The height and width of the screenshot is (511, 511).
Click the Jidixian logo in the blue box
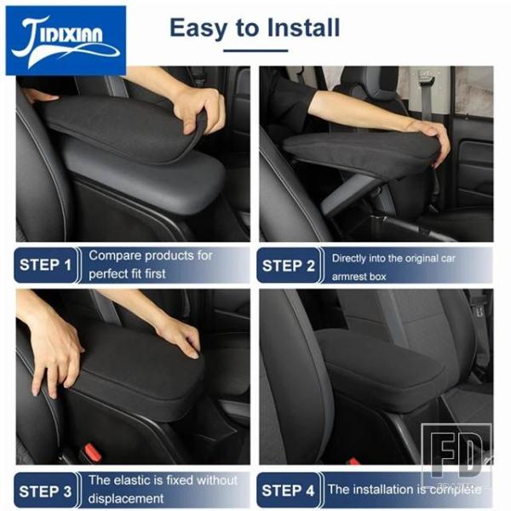coord(66,41)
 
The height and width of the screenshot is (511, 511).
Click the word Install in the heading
coord(303,27)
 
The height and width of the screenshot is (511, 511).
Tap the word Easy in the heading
coord(198,29)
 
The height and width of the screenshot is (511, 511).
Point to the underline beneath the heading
coord(255,50)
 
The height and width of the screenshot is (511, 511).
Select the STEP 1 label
coord(45,265)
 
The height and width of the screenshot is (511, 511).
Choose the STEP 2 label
coord(289,266)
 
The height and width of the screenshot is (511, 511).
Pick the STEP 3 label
coord(45,491)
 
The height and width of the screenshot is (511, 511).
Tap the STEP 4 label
coord(288,491)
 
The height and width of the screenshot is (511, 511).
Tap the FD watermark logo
coord(456,454)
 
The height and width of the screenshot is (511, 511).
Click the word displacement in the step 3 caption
coord(126,498)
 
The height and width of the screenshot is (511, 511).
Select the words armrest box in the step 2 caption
coord(359,277)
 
